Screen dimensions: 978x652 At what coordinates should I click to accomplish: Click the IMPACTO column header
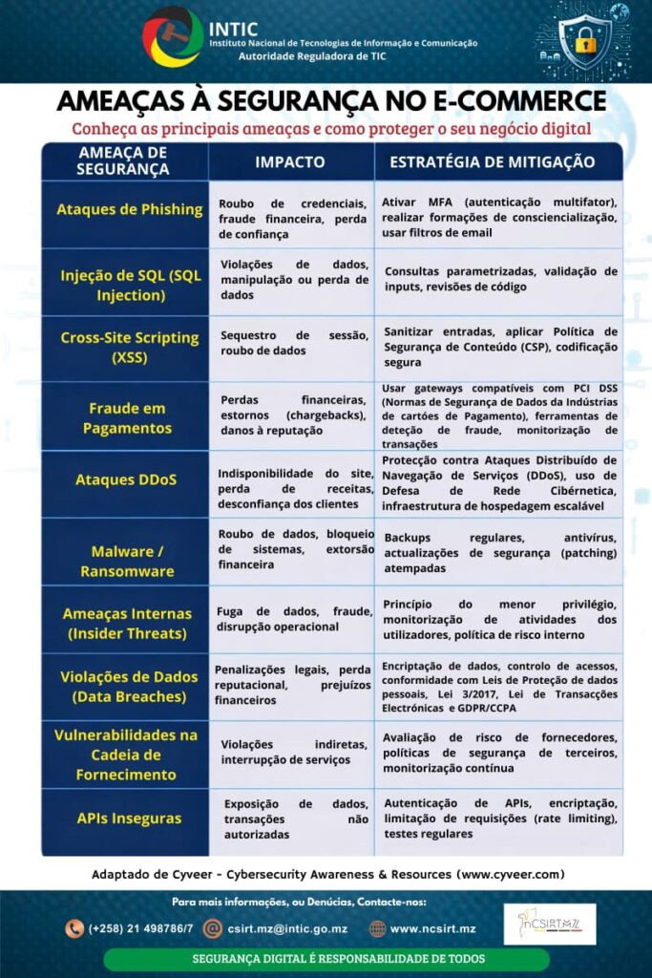[289, 162]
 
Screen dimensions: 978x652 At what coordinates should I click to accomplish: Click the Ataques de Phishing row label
[130, 209]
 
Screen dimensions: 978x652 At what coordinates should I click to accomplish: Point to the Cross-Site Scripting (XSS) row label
[130, 348]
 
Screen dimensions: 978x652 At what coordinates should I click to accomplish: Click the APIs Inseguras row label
[129, 818]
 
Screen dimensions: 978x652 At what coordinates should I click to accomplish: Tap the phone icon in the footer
[74, 927]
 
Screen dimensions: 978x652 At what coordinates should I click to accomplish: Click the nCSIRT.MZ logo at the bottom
[549, 925]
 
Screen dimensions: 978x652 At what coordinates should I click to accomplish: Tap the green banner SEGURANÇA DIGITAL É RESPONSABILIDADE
[326, 959]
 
